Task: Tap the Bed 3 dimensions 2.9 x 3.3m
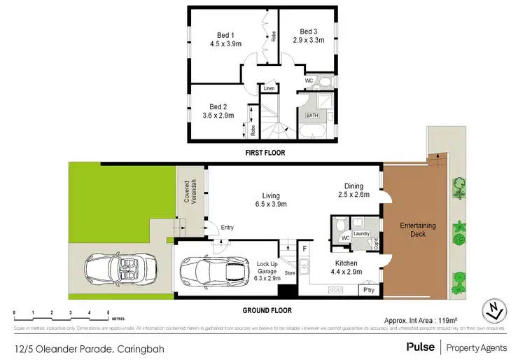309,41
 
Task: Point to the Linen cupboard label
269,89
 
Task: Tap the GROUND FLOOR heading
267,310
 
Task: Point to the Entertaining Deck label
418,230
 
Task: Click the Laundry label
362,233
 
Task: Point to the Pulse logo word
420,347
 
